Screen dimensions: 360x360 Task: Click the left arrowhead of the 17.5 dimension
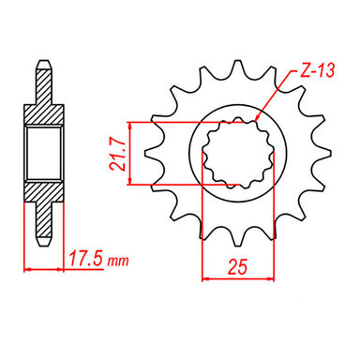point(27,268)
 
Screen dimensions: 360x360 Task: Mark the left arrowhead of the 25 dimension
point(202,277)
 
